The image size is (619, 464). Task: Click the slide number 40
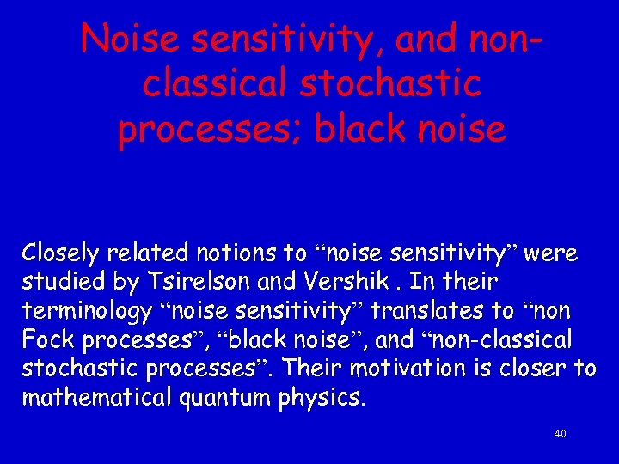point(560,435)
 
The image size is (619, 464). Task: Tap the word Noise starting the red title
point(129,39)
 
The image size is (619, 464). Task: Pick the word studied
point(57,282)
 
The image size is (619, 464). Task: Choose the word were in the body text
point(551,253)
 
